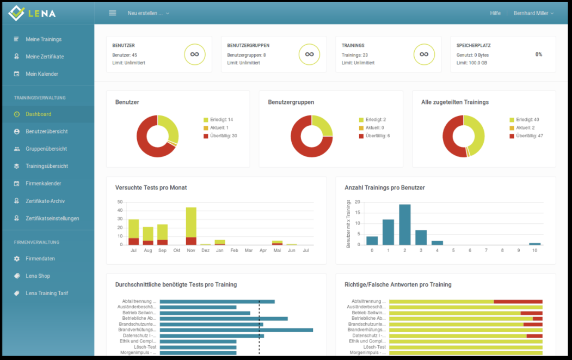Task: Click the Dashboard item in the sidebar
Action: [38, 114]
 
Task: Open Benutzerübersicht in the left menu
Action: [46, 131]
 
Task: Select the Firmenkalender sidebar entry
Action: [43, 184]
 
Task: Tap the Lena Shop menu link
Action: [39, 276]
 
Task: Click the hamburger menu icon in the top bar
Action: [113, 13]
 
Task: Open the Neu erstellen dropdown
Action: [148, 13]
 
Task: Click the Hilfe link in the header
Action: [495, 13]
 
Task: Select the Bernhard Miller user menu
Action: [533, 13]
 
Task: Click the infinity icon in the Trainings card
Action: [424, 54]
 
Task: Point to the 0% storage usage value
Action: [538, 54]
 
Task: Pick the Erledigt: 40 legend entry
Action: [528, 119]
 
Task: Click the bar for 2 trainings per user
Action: [404, 224]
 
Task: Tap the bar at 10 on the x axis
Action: [535, 243]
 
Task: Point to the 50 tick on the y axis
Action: [120, 202]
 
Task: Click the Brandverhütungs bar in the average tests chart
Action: [236, 330]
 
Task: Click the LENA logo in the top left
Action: [33, 13]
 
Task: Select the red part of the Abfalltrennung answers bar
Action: [518, 301]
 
